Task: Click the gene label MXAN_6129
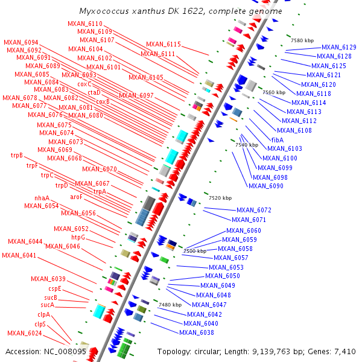(x=338, y=47)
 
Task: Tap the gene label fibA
(x=278, y=139)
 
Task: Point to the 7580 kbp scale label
(x=302, y=40)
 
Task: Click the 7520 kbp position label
(x=220, y=198)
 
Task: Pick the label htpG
(x=78, y=238)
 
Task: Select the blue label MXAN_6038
(x=197, y=332)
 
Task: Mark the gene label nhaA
(x=42, y=198)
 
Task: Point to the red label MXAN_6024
(x=25, y=333)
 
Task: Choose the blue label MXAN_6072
(x=254, y=211)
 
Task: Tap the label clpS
(x=40, y=324)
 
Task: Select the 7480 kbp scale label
(x=170, y=305)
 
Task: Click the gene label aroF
(x=77, y=197)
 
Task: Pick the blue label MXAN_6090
(x=266, y=186)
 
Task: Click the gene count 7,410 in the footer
(x=344, y=351)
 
